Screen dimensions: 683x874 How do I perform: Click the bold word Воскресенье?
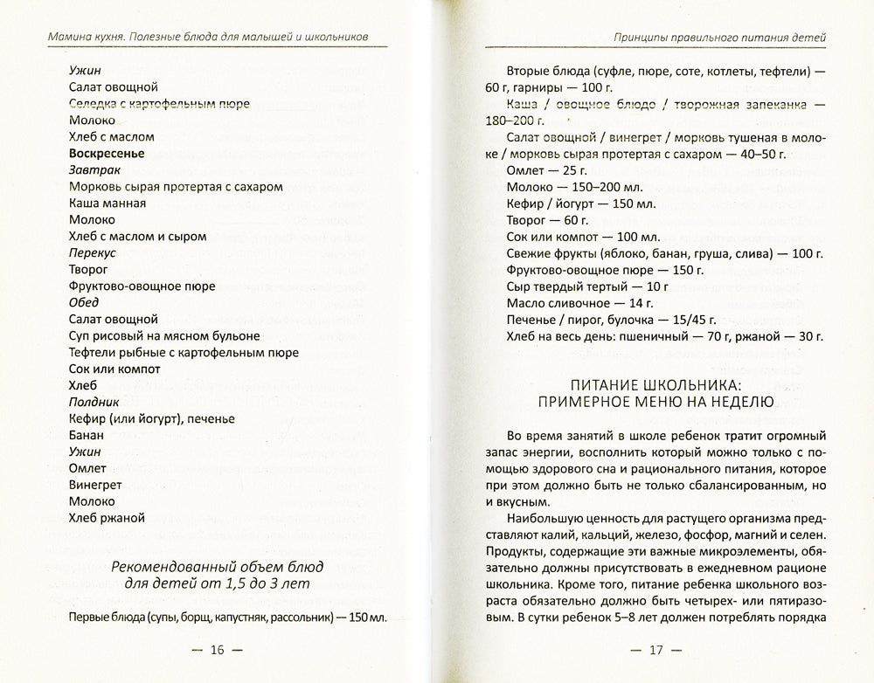click(106, 154)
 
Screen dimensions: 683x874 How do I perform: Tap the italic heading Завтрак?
click(94, 170)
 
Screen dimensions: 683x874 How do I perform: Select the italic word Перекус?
click(94, 253)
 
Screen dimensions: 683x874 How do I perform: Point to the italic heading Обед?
click(86, 302)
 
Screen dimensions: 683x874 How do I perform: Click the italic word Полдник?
click(95, 402)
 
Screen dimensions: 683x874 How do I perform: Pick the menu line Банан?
click(86, 435)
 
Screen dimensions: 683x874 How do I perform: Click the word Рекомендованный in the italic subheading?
click(164, 566)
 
